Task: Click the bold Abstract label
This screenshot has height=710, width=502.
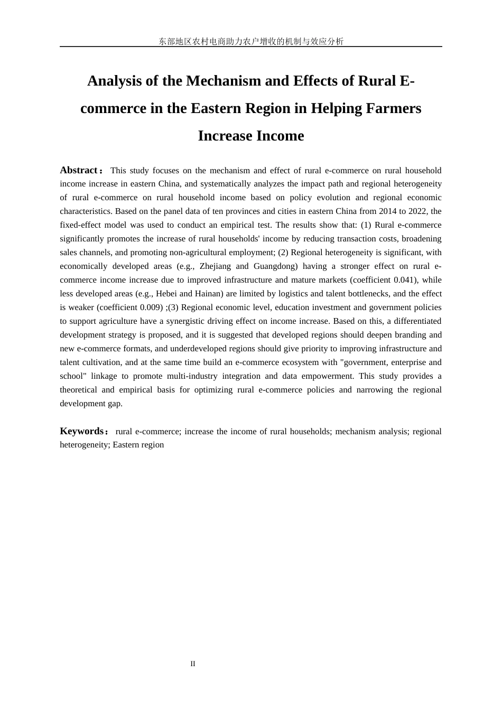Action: (x=79, y=170)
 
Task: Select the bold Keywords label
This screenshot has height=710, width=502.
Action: (x=82, y=431)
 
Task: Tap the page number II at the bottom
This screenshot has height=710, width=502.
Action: (x=193, y=664)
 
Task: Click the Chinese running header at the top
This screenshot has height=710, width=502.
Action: (x=251, y=41)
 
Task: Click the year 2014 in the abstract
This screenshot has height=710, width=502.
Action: (x=388, y=211)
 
